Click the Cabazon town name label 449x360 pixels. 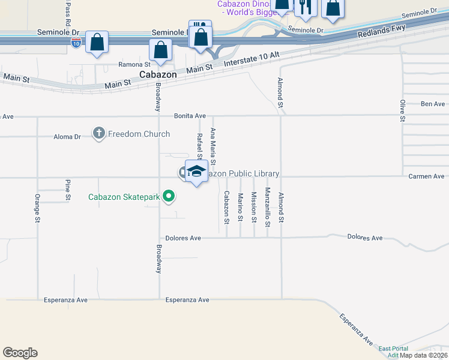pyautogui.click(x=158, y=74)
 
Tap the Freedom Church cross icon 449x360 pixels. pyautogui.click(x=99, y=134)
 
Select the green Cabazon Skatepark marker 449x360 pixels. pyautogui.click(x=169, y=196)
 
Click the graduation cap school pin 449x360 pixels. pyautogui.click(x=196, y=172)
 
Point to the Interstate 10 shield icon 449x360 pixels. pyautogui.click(x=76, y=43)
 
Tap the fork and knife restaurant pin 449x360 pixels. pyautogui.click(x=306, y=6)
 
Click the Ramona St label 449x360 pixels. pyautogui.click(x=133, y=64)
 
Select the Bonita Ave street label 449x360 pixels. pyautogui.click(x=190, y=116)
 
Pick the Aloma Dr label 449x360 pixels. pyautogui.click(x=67, y=137)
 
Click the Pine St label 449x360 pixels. pyautogui.click(x=68, y=190)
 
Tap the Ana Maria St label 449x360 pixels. pyautogui.click(x=213, y=146)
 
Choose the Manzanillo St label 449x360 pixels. pyautogui.click(x=268, y=208)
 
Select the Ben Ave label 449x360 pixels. pyautogui.click(x=433, y=104)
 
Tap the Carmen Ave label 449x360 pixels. pyautogui.click(x=426, y=176)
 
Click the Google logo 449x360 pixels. pyautogui.click(x=20, y=353)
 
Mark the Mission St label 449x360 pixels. pyautogui.click(x=254, y=208)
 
